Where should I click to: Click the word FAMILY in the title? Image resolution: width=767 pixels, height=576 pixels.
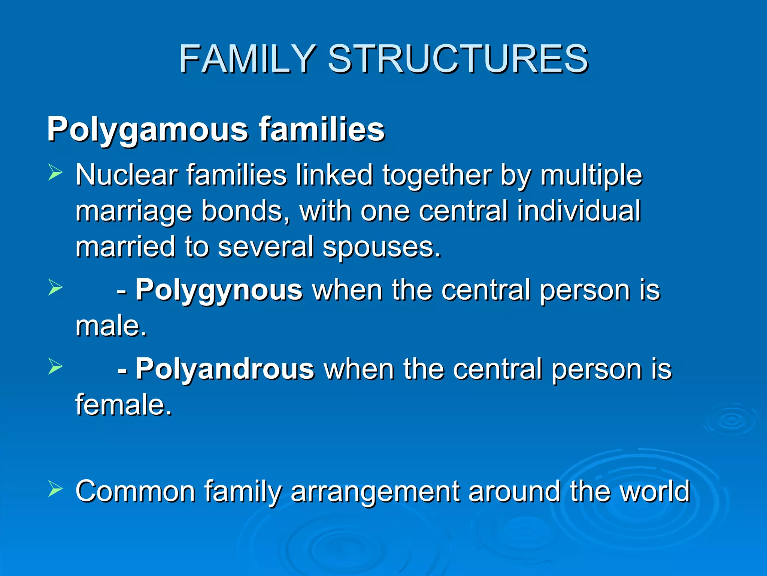pos(247,59)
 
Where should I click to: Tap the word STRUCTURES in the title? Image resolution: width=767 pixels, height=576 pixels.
pos(458,59)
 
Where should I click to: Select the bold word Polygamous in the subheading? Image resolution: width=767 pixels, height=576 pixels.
pos(148,129)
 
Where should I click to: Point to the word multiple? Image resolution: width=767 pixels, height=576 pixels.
pos(591,175)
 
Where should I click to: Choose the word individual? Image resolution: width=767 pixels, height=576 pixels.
pos(579,211)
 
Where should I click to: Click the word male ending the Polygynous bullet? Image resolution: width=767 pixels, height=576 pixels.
pos(111,325)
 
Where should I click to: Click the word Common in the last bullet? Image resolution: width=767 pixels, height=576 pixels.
pos(135,491)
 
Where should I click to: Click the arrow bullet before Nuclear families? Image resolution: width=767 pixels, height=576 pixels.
pos(55,173)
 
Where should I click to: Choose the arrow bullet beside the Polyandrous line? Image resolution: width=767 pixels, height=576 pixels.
pos(55,367)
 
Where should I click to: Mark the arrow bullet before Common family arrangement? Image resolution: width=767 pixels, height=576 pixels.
pos(55,489)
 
